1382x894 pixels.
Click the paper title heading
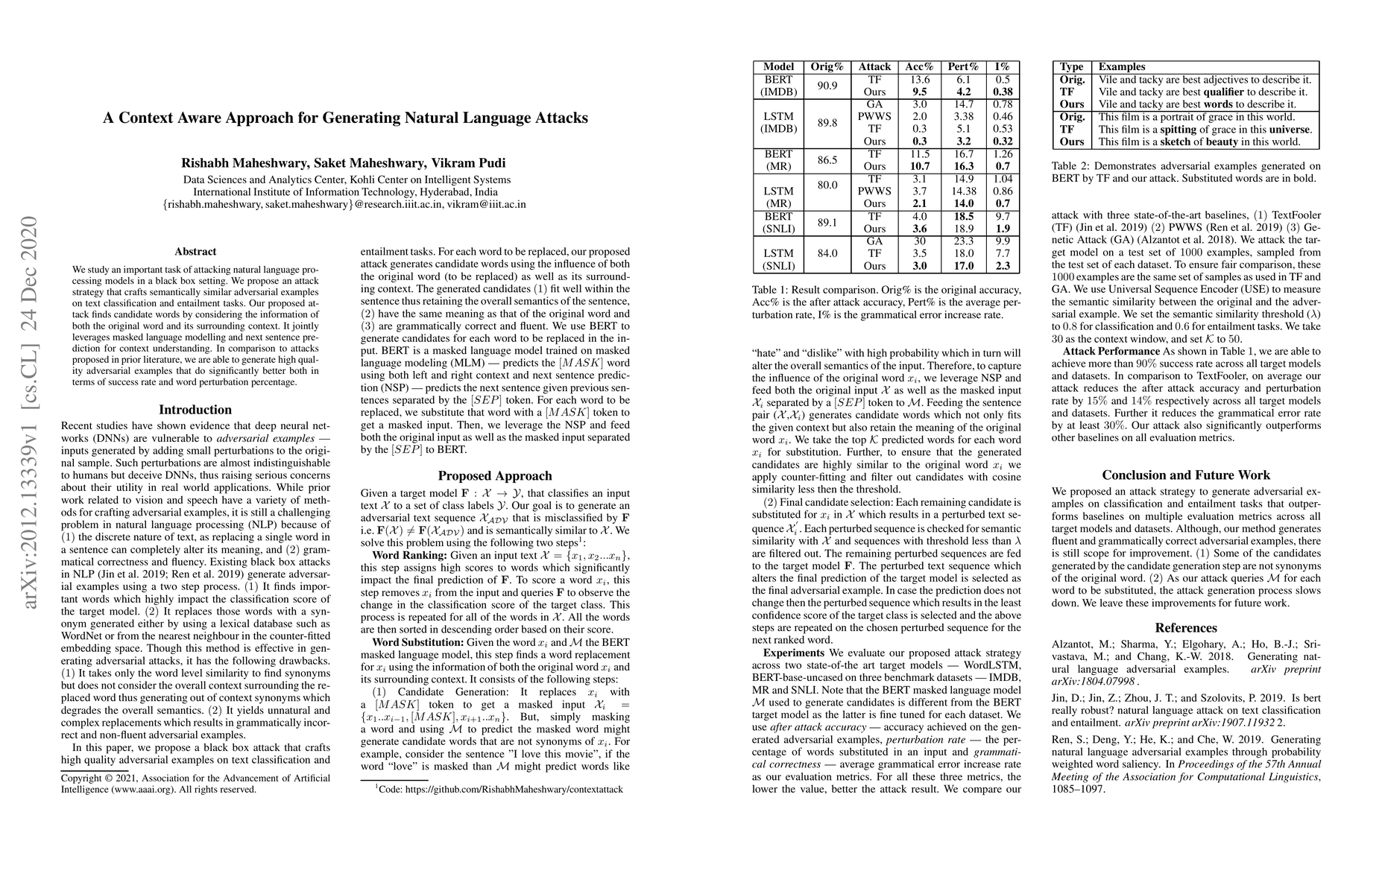point(345,118)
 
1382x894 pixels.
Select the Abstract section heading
point(195,252)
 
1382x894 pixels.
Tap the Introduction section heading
point(195,410)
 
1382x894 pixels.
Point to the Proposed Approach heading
point(495,476)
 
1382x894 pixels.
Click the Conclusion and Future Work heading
point(1186,475)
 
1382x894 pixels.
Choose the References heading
point(1186,628)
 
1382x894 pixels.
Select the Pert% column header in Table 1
point(963,67)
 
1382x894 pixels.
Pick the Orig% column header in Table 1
point(827,67)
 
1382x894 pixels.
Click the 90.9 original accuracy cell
point(827,86)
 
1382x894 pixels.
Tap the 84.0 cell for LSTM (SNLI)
point(827,253)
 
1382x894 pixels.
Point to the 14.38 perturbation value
point(963,191)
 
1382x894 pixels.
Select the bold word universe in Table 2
point(1284,129)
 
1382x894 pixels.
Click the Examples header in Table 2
point(1122,67)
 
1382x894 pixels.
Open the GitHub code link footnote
point(499,787)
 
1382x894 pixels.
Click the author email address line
point(345,204)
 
